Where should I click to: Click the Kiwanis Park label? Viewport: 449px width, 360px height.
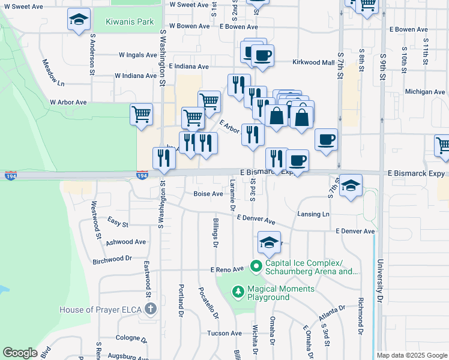click(x=130, y=22)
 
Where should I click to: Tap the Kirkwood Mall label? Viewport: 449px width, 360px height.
click(x=313, y=62)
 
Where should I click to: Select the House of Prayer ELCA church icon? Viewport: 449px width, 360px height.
click(x=150, y=310)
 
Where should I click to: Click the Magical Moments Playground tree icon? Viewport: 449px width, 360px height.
click(x=238, y=292)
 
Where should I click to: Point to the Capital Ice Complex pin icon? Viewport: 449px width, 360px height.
click(x=256, y=265)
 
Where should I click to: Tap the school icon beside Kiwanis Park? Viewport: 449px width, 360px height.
click(x=79, y=20)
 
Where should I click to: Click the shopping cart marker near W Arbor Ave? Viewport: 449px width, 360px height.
click(x=141, y=113)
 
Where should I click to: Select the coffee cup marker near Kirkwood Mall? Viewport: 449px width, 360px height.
click(x=262, y=56)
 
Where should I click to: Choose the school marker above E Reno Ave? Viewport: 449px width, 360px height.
click(x=270, y=242)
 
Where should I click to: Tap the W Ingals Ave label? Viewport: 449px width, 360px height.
click(x=137, y=55)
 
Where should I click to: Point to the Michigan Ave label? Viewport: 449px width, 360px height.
click(x=425, y=92)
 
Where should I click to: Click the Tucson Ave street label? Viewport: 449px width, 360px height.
click(x=224, y=333)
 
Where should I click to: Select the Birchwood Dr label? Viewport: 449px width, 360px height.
click(x=112, y=259)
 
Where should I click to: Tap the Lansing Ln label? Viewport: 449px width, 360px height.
click(x=313, y=214)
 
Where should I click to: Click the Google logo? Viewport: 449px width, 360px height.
click(x=20, y=352)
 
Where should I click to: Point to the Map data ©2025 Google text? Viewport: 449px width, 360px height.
click(x=411, y=355)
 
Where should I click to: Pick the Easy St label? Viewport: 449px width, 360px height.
click(x=118, y=223)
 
